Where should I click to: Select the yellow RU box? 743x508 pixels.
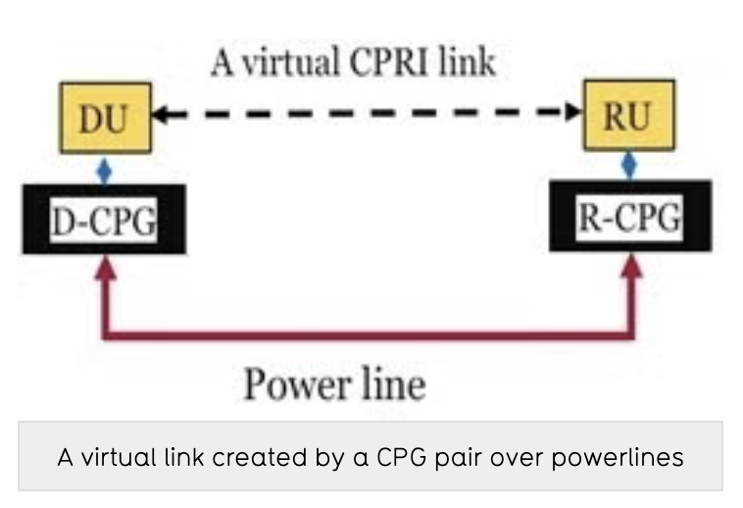pyautogui.click(x=628, y=117)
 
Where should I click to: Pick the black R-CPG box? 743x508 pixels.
pyautogui.click(x=629, y=217)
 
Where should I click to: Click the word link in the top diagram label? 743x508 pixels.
pyautogui.click(x=464, y=63)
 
